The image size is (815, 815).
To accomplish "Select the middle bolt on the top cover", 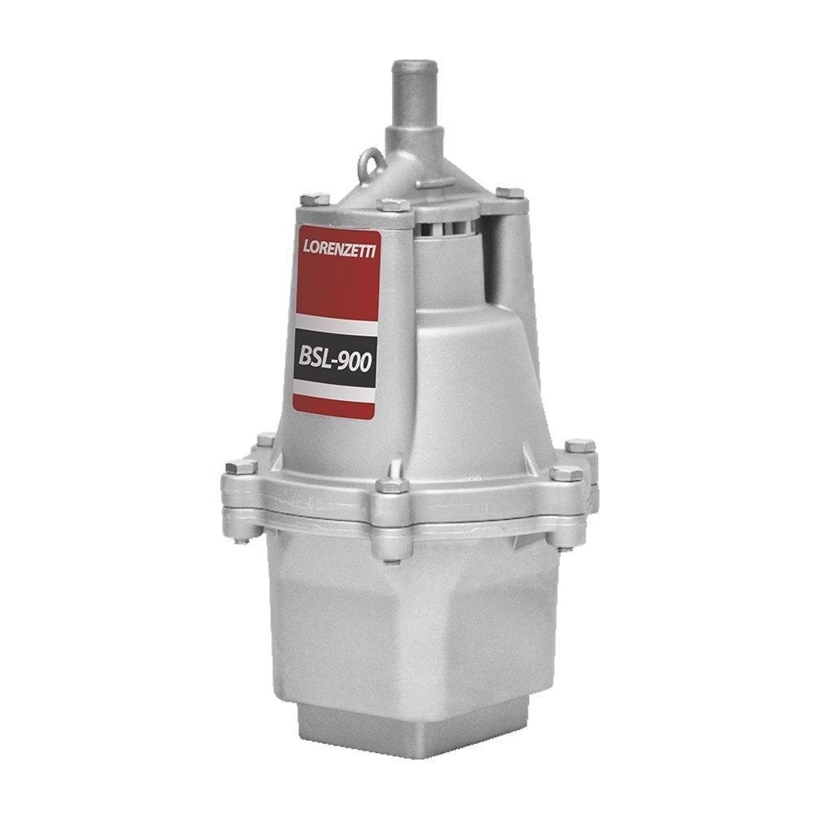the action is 394,204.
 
